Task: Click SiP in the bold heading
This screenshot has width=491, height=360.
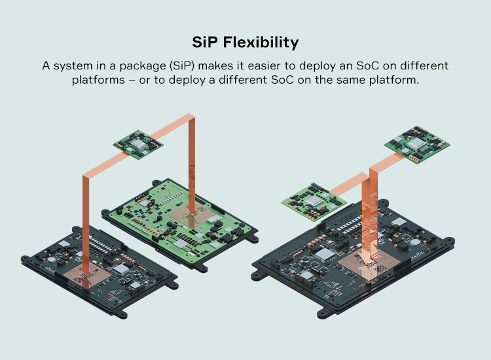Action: (x=205, y=43)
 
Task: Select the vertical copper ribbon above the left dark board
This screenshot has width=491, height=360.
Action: (x=86, y=216)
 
